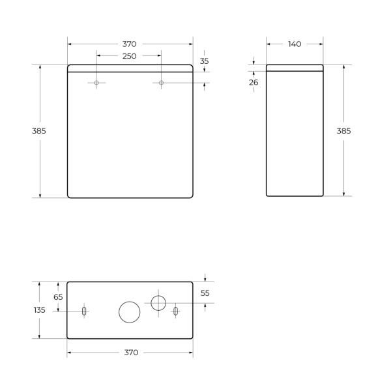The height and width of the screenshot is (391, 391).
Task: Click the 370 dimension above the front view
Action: (x=129, y=44)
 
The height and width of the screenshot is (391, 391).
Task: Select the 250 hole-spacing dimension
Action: (x=129, y=56)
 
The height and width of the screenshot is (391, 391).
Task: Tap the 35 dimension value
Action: (x=205, y=61)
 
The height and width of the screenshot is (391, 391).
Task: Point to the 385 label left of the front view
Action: (x=39, y=130)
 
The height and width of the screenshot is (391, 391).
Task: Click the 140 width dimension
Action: (x=295, y=44)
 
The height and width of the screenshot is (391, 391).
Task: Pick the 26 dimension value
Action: (x=253, y=82)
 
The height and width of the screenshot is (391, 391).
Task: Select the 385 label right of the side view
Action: (x=343, y=130)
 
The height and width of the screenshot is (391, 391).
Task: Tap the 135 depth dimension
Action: (x=39, y=310)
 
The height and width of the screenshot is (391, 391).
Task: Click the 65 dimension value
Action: (x=58, y=297)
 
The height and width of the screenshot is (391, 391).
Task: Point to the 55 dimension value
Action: (x=205, y=293)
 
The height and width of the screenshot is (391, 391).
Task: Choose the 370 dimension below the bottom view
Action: (x=131, y=353)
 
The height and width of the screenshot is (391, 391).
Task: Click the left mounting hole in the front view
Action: (x=96, y=83)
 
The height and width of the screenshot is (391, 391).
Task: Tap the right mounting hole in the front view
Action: (x=162, y=83)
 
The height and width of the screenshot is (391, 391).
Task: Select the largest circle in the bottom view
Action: (x=129, y=312)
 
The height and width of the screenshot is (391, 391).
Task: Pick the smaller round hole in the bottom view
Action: (x=158, y=302)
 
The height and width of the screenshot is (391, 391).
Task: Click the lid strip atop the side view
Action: (x=295, y=67)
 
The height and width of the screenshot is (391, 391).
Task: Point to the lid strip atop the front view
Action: (x=130, y=68)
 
